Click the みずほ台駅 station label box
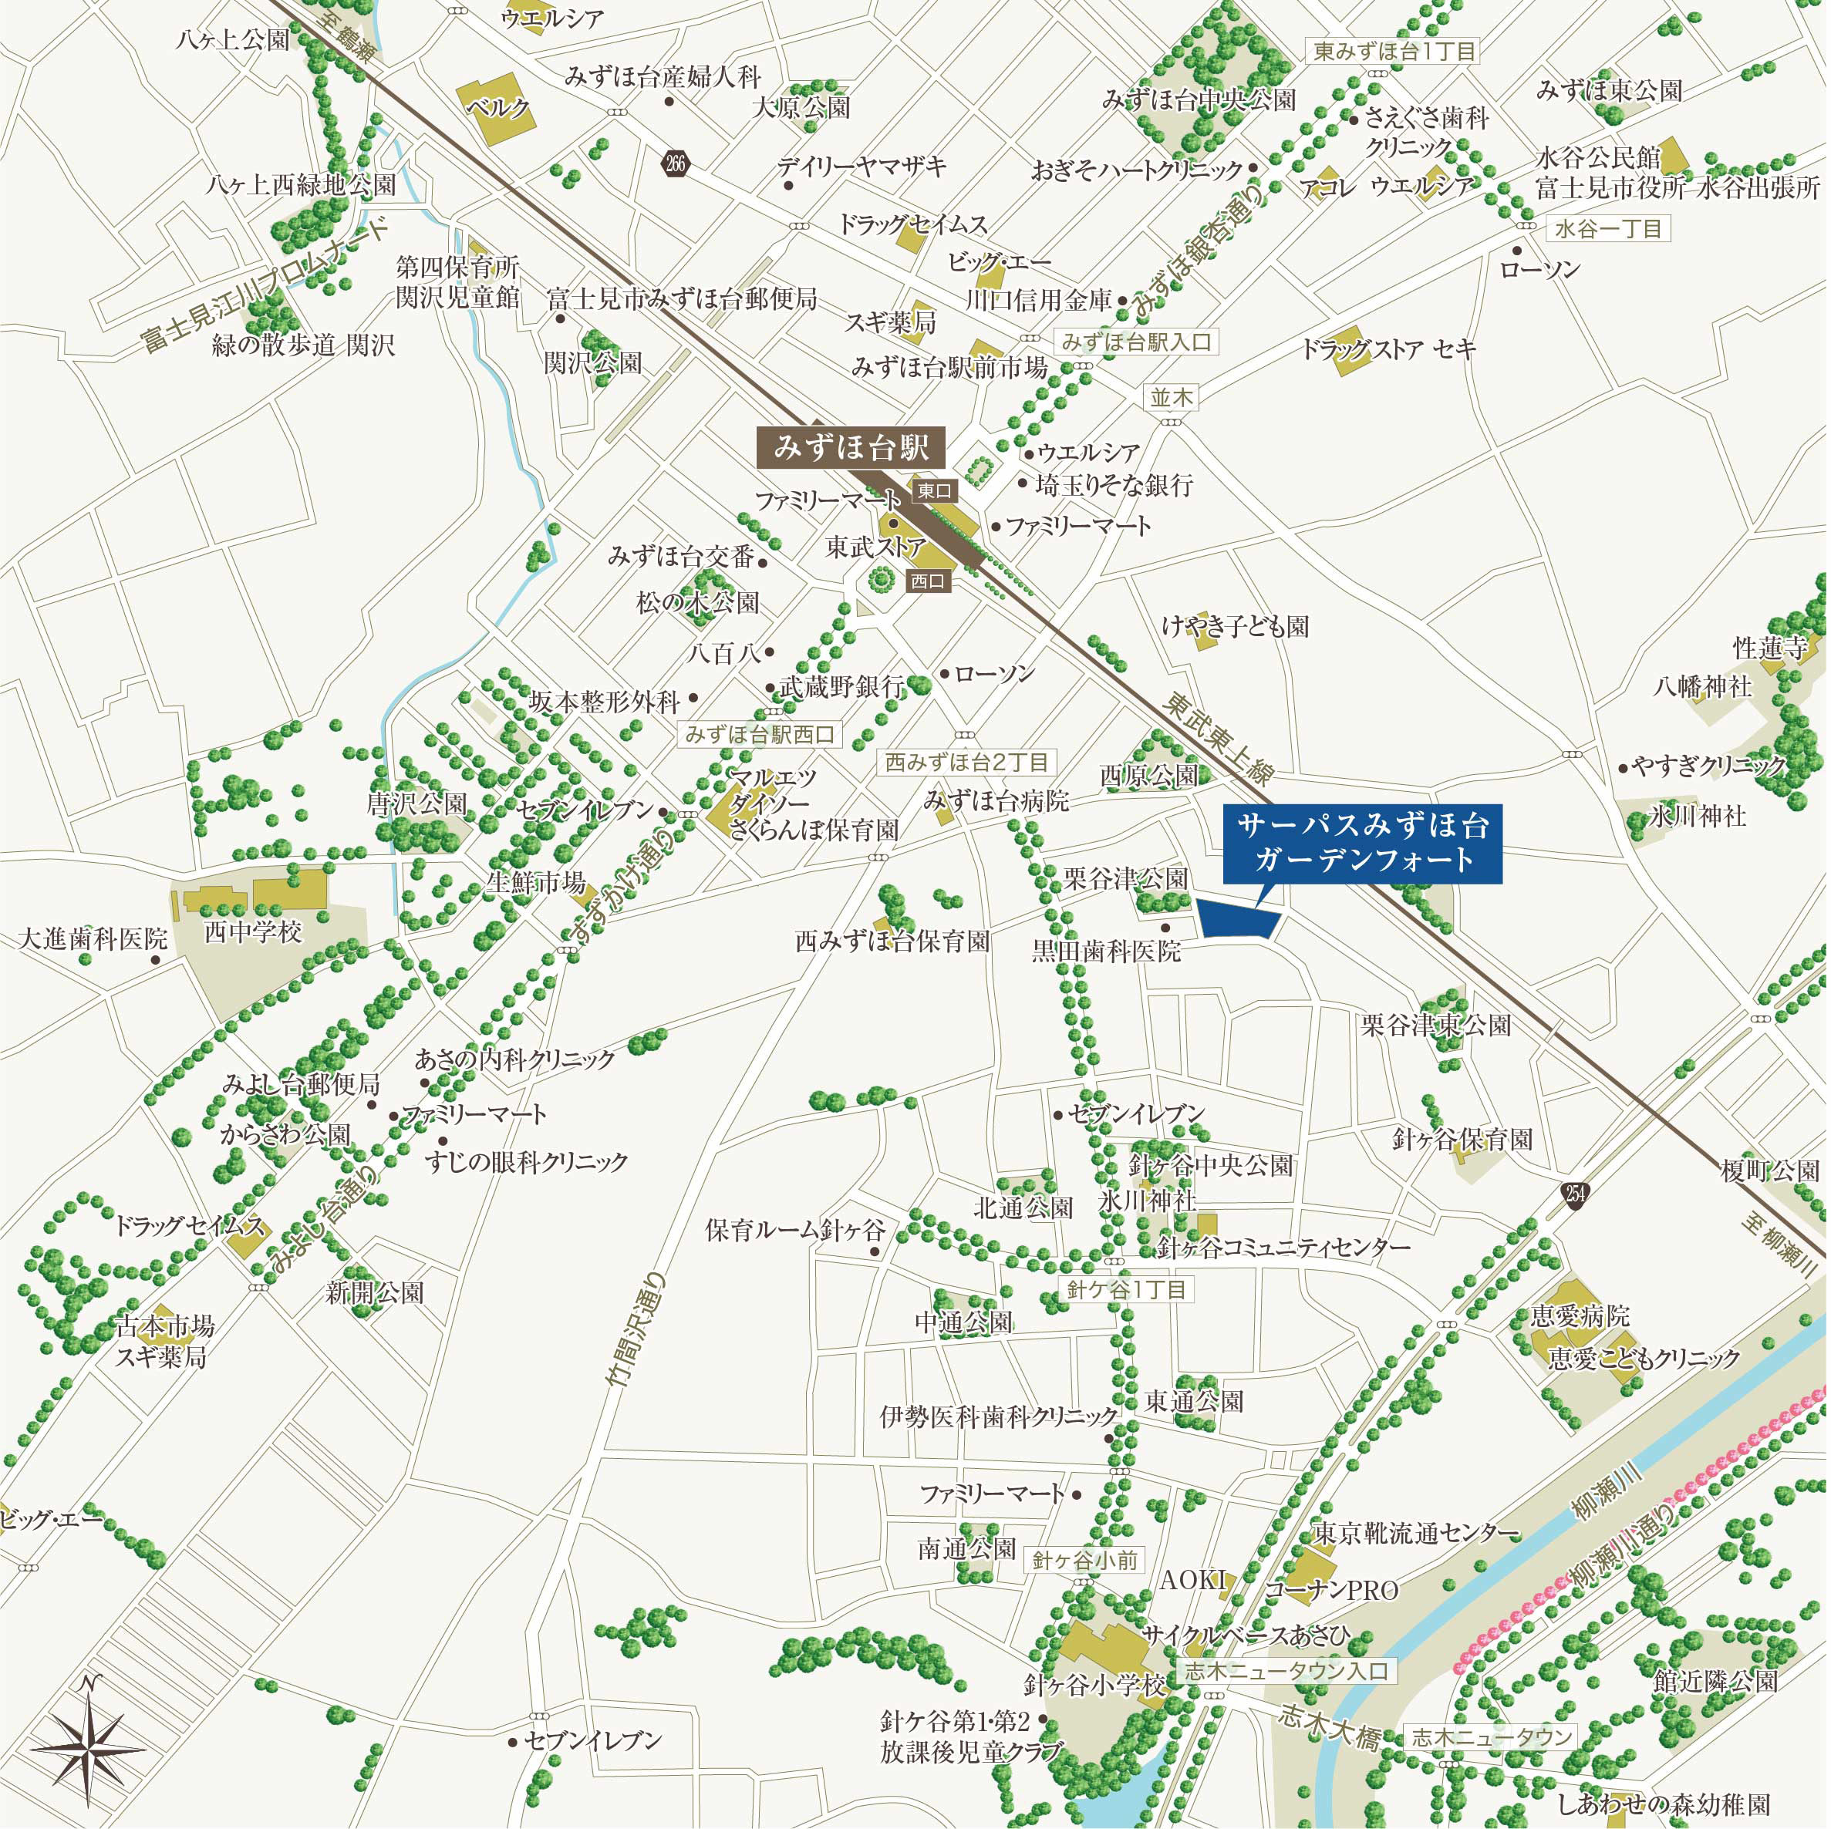pos(850,446)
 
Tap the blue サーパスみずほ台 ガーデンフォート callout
pos(1362,843)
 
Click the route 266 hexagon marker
pos(675,164)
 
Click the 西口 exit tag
pos(927,581)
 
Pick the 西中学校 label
pos(252,931)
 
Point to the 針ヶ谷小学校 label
pos(1094,1685)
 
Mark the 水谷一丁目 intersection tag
pos(1608,228)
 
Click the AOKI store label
pos(1193,1579)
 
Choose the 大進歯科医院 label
pos(92,939)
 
